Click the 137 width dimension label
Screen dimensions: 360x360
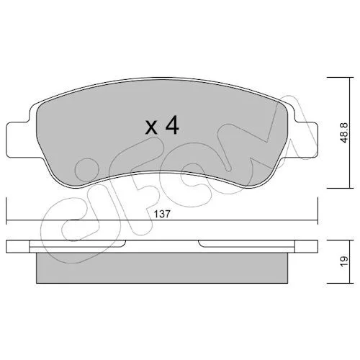point(162,214)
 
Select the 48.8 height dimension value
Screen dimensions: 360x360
point(344,132)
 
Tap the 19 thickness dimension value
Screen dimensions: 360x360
point(344,261)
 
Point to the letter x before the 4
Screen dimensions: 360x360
point(151,128)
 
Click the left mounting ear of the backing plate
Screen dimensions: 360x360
point(18,140)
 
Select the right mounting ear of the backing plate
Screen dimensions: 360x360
point(306,140)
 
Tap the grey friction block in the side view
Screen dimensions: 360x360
point(162,268)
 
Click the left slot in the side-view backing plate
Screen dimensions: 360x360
point(77,243)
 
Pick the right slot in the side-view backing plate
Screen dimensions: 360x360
point(246,243)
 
